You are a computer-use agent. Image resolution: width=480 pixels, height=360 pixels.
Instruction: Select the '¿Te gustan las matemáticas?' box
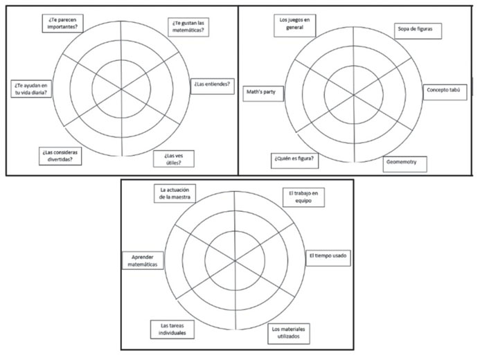[190, 27]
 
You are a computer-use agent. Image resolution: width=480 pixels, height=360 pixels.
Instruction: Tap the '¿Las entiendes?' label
[211, 84]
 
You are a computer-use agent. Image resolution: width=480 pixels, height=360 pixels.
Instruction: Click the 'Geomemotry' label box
[405, 163]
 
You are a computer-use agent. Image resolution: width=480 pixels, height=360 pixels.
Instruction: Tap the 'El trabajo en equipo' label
[303, 197]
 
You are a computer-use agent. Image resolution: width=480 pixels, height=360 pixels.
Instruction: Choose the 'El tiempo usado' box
[328, 255]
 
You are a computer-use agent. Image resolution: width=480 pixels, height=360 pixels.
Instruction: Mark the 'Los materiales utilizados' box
[289, 332]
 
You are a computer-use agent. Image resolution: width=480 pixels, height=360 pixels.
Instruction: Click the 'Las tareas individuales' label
[171, 329]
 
